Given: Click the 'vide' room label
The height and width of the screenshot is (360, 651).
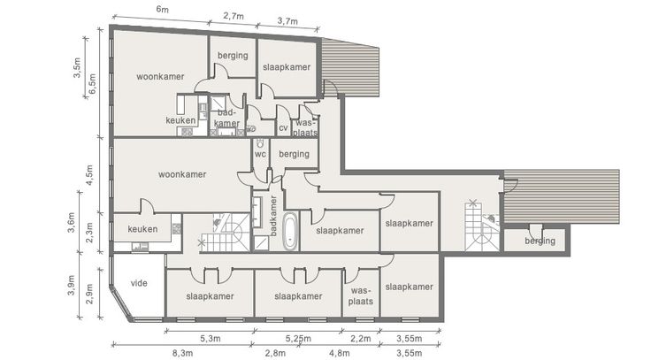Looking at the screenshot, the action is point(139,283).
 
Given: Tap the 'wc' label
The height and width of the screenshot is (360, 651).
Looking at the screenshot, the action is point(260,155).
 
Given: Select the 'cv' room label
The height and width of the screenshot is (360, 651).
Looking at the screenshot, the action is point(283,128).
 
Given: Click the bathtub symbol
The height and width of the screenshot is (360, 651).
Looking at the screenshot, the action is point(290,231).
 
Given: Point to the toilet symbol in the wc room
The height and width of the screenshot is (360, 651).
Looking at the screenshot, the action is point(260,143).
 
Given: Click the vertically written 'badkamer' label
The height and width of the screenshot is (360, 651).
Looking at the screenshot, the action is point(273,216).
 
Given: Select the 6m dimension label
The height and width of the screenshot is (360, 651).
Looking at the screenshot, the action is point(163,9).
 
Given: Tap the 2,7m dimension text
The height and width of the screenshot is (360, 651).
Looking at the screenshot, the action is point(234,16).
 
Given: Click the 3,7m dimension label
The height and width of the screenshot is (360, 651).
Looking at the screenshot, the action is point(287,20).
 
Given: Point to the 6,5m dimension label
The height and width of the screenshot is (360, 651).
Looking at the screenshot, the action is point(92,83).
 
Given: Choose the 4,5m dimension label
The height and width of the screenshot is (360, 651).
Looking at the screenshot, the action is point(89,175).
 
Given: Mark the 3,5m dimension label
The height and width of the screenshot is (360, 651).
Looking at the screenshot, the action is point(77,68).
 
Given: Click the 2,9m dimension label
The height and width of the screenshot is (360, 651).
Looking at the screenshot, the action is point(89,294).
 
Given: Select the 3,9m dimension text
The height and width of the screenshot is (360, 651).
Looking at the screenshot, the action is point(71,286).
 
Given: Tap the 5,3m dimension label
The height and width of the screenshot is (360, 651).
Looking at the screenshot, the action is point(211,339).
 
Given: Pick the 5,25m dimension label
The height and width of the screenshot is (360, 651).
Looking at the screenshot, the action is point(298,339).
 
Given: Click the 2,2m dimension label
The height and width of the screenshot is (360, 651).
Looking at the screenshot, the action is point(360,339).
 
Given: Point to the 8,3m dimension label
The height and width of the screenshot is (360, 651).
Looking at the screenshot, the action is point(182,353).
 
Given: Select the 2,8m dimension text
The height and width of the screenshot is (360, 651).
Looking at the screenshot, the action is point(275,353).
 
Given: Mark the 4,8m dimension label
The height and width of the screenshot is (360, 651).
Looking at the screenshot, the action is point(339,353).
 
